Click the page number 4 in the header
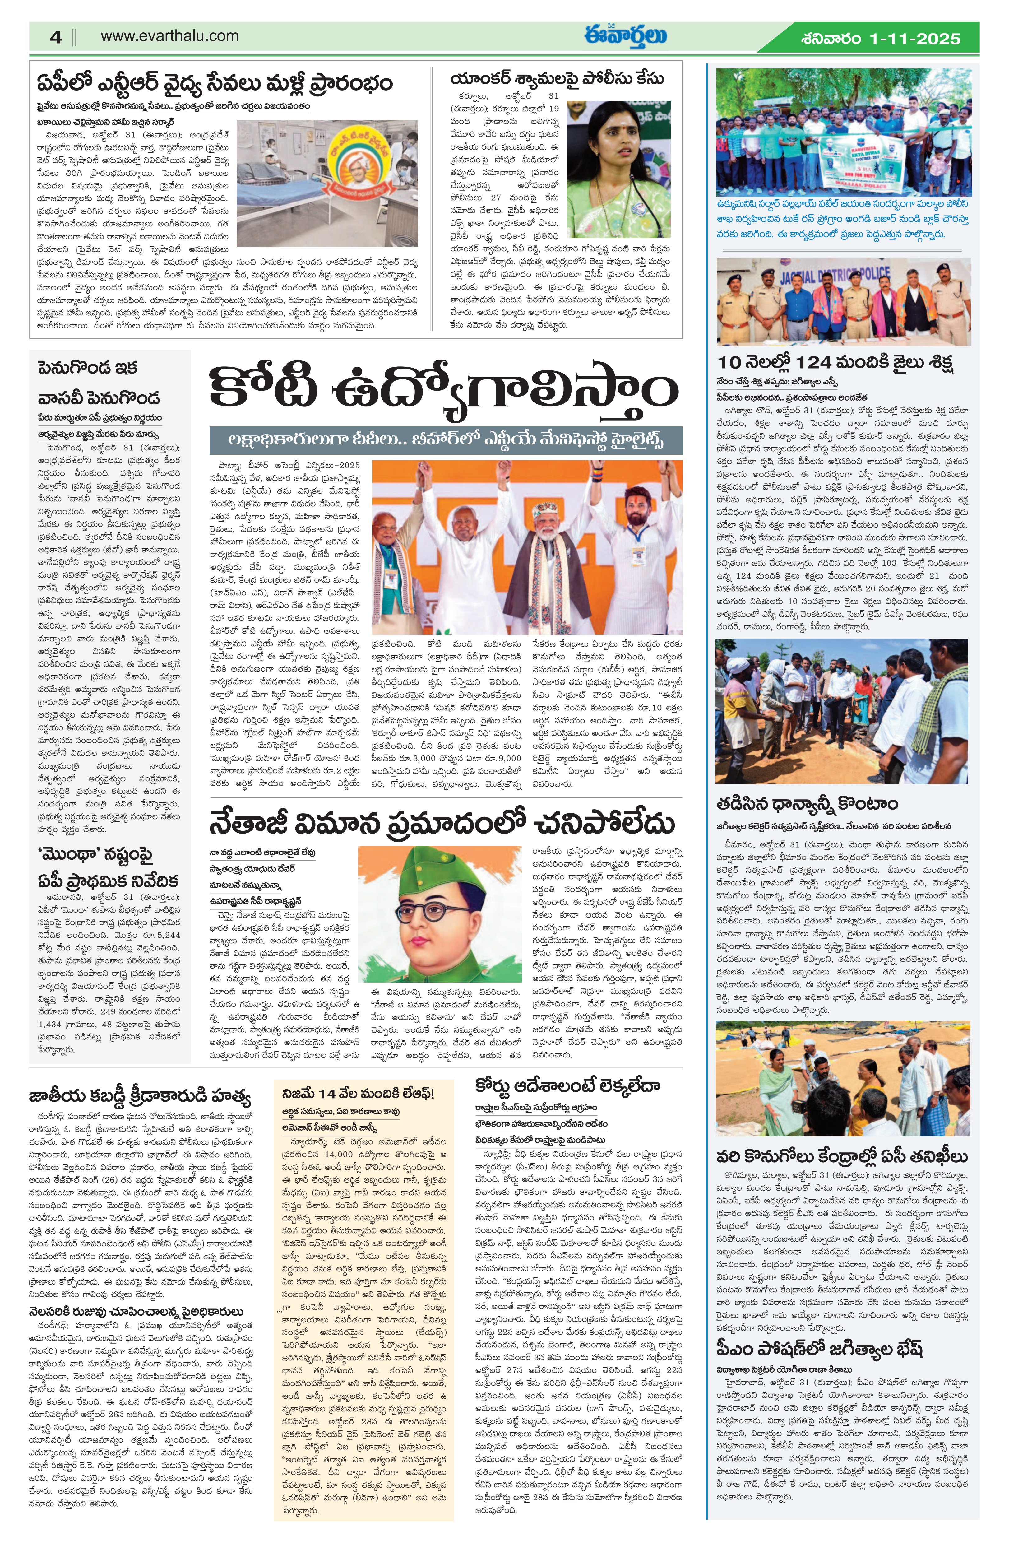(x=56, y=37)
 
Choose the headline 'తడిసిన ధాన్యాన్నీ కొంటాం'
(x=807, y=804)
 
